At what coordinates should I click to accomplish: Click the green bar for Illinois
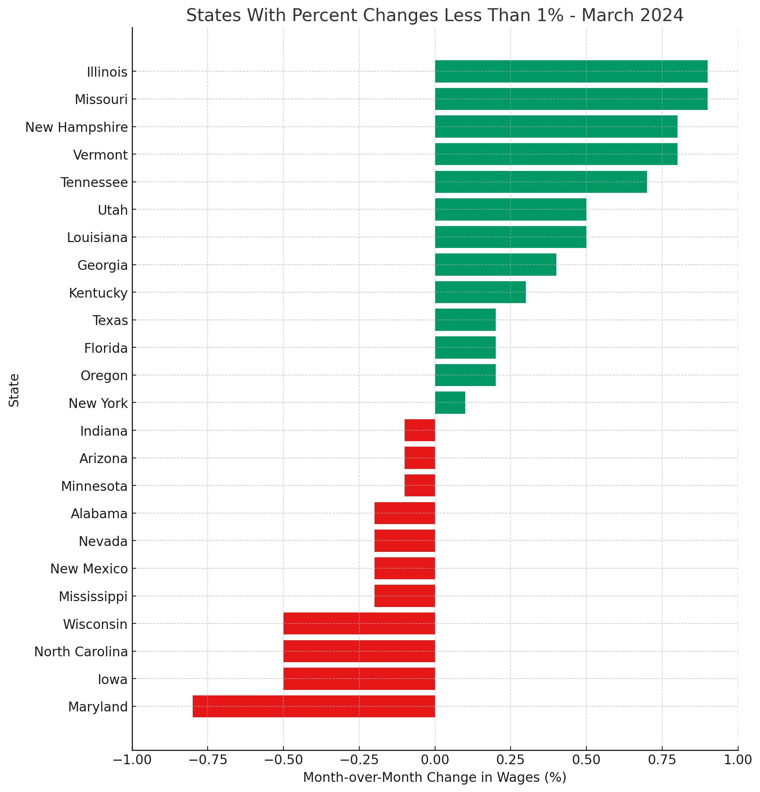(x=571, y=72)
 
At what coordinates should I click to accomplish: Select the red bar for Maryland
(x=314, y=706)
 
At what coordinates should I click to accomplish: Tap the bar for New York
(x=450, y=402)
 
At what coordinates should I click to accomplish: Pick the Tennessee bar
(x=540, y=182)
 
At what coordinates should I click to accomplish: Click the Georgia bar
(x=495, y=265)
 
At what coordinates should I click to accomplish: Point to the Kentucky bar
(x=480, y=292)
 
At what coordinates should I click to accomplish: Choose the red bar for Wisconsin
(x=359, y=623)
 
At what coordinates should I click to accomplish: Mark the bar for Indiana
(x=419, y=430)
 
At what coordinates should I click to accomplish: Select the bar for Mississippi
(x=404, y=596)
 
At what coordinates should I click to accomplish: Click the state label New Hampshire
(x=76, y=127)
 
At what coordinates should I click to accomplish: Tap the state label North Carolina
(x=81, y=651)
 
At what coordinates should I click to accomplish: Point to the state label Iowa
(x=113, y=679)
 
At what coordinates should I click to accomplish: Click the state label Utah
(x=113, y=210)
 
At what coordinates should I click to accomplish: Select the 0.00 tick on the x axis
(x=434, y=760)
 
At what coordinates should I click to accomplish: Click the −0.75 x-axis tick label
(x=207, y=760)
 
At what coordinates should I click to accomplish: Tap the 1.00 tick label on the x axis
(x=738, y=760)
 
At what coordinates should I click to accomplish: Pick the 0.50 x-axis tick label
(x=586, y=760)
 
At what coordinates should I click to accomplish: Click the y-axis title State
(x=14, y=390)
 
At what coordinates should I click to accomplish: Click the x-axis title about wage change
(x=434, y=778)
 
